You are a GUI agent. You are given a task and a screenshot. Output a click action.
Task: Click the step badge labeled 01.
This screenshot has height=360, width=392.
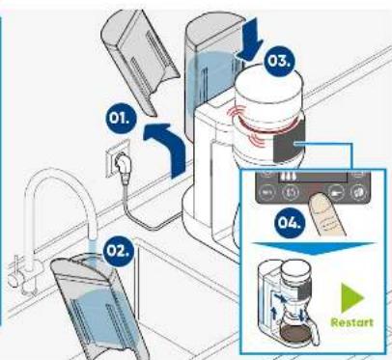(122, 118)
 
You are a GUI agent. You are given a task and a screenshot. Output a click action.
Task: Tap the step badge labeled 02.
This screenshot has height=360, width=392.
(118, 251)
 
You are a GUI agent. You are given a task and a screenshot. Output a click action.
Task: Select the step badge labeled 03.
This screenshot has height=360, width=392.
(279, 61)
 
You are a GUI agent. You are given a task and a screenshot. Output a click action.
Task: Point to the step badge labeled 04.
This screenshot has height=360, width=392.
(290, 222)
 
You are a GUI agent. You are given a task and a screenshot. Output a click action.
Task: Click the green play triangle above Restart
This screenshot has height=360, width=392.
(350, 298)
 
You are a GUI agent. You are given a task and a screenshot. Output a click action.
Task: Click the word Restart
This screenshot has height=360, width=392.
(352, 322)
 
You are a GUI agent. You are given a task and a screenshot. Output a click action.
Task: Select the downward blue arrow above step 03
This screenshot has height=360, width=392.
(250, 40)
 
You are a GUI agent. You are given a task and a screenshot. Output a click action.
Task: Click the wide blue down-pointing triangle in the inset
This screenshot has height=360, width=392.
(314, 248)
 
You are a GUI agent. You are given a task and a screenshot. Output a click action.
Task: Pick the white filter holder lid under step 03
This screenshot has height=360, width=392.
(269, 87)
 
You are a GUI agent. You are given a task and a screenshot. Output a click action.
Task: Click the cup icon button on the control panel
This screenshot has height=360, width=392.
(336, 193)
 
